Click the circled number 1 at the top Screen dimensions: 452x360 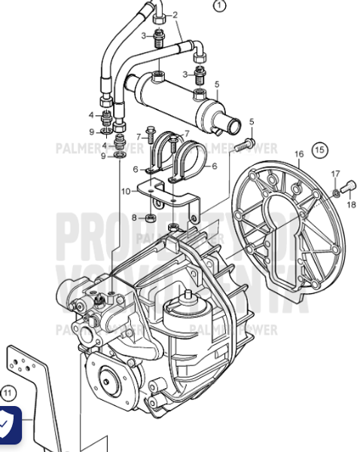(220, 6)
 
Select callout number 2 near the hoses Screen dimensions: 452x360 (175, 14)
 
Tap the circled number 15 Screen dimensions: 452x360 (321, 149)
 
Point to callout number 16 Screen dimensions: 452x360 (298, 154)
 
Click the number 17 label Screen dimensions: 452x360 (336, 174)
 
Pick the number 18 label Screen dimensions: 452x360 (351, 203)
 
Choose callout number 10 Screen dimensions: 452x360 (126, 191)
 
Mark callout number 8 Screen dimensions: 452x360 (133, 218)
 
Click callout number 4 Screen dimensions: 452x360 (92, 115)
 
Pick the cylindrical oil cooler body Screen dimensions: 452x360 (169, 96)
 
